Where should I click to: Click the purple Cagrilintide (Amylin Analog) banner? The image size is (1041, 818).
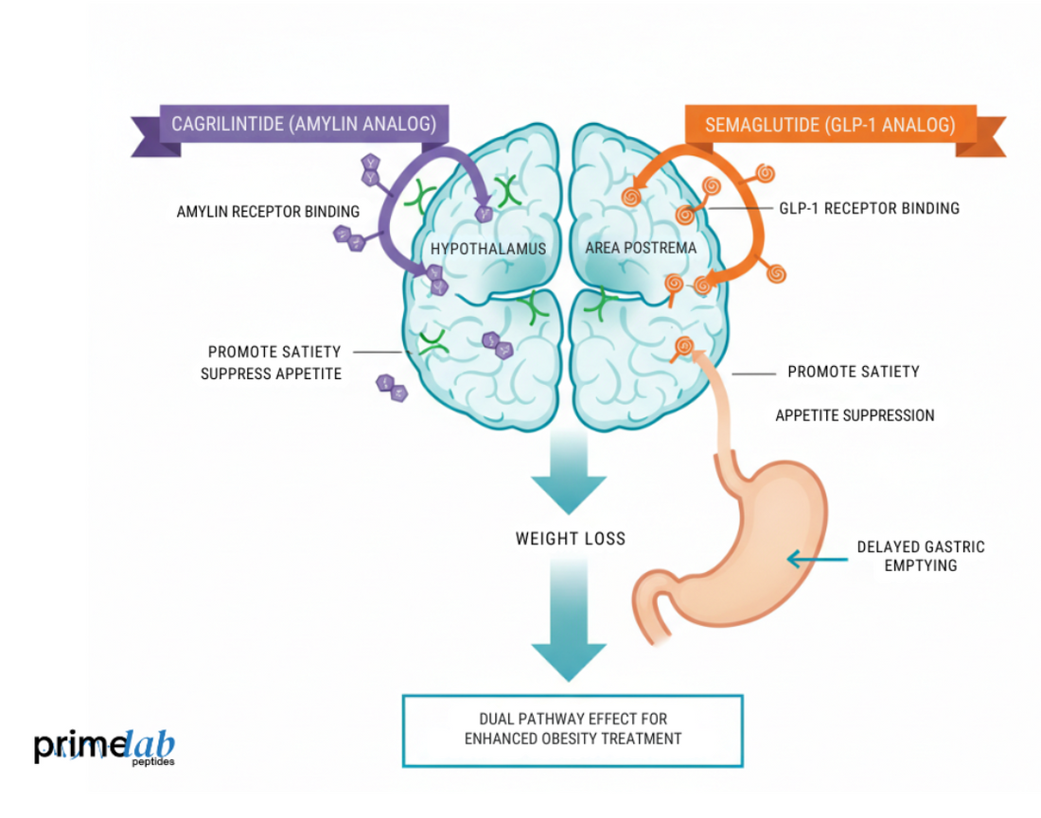pyautogui.click(x=303, y=124)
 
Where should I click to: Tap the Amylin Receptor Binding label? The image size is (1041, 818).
pyautogui.click(x=268, y=212)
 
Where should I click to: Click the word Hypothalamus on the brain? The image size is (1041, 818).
pyautogui.click(x=488, y=249)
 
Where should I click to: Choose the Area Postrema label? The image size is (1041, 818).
pyautogui.click(x=641, y=248)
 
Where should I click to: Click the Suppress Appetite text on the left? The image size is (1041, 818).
pyautogui.click(x=271, y=374)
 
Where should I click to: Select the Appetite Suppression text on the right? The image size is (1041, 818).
pyautogui.click(x=855, y=415)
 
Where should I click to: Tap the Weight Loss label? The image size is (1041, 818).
pyautogui.click(x=570, y=538)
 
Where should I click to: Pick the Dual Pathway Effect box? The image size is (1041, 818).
pyautogui.click(x=573, y=730)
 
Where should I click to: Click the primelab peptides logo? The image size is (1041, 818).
pyautogui.click(x=104, y=747)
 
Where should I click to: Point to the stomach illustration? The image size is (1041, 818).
pyautogui.click(x=748, y=558)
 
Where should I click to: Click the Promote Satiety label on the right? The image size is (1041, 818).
pyautogui.click(x=853, y=372)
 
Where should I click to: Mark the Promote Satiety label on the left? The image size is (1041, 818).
pyautogui.click(x=274, y=352)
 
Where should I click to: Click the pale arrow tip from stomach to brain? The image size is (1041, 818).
pyautogui.click(x=699, y=357)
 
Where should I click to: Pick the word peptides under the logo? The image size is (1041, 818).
pyautogui.click(x=153, y=760)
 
